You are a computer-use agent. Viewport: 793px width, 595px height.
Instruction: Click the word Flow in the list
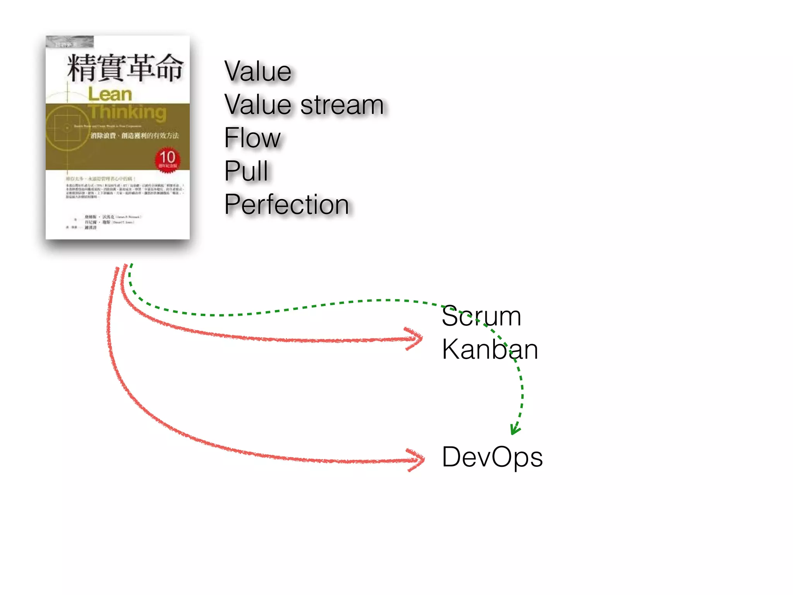tap(252, 138)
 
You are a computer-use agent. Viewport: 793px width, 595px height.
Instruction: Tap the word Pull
tap(246, 171)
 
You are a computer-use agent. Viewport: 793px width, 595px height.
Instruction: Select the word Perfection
tap(287, 205)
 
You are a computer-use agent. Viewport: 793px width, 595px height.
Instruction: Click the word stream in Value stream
tap(342, 105)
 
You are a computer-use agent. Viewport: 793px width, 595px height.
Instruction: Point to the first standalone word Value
tap(258, 72)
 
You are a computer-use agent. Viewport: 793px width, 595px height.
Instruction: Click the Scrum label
tap(481, 316)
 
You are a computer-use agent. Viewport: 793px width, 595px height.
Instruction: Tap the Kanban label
tap(490, 349)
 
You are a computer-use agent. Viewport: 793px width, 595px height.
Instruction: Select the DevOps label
tap(492, 457)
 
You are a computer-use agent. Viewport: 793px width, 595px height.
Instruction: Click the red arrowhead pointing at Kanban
tap(416, 339)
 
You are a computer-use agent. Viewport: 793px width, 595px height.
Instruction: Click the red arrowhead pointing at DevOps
tap(418, 460)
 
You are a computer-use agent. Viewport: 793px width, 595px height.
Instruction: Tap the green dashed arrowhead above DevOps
tap(515, 429)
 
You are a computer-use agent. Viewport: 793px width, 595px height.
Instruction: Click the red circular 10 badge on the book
tap(167, 159)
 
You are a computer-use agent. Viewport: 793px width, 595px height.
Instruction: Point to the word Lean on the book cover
tap(110, 95)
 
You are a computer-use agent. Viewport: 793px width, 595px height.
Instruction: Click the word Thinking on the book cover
tap(128, 112)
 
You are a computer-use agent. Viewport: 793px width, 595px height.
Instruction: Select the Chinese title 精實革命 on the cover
tap(125, 68)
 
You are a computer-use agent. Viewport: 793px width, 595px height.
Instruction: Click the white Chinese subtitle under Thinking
tap(135, 136)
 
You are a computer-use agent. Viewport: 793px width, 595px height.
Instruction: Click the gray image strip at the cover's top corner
tap(70, 42)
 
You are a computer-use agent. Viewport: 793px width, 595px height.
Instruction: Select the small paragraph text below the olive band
tap(124, 190)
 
